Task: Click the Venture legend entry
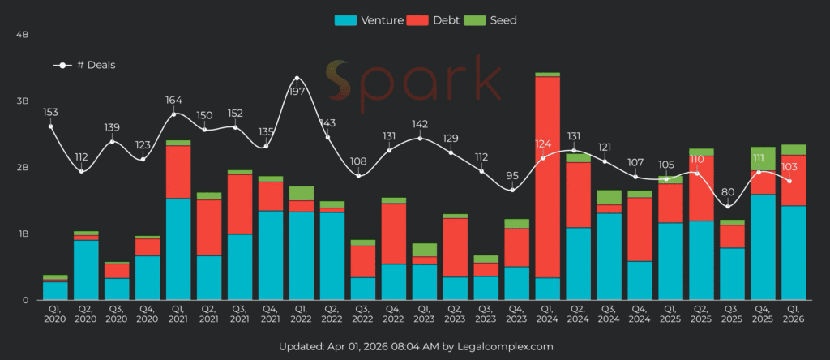(x=369, y=20)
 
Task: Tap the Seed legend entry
(x=494, y=20)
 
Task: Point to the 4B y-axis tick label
(x=22, y=35)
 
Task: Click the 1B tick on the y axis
(x=22, y=234)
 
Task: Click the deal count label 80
(x=733, y=193)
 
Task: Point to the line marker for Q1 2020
(x=50, y=126)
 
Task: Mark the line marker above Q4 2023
(x=512, y=190)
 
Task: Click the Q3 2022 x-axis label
(x=363, y=315)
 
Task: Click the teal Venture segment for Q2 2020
(x=86, y=270)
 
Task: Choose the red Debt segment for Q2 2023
(x=456, y=247)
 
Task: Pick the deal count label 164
(x=173, y=101)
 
